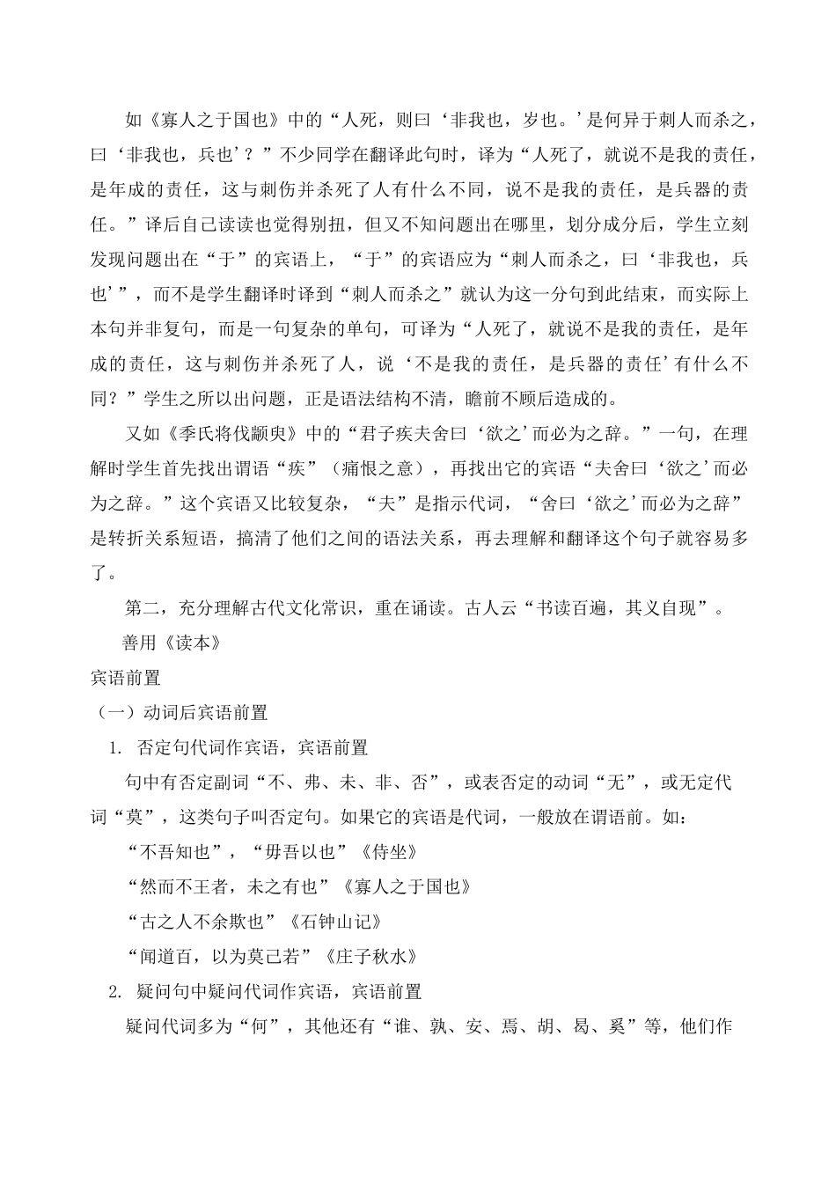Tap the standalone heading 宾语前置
pos(125,678)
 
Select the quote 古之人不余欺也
pos(203,921)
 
